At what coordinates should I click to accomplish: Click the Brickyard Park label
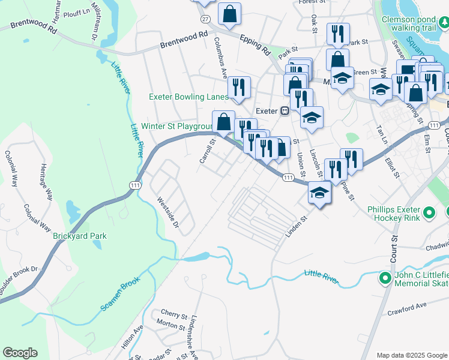pyautogui.click(x=79, y=236)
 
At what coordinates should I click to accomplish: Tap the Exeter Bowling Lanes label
pyautogui.click(x=188, y=97)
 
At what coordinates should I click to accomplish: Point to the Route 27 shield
pyautogui.click(x=205, y=19)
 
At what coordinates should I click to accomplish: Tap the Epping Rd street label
pyautogui.click(x=256, y=43)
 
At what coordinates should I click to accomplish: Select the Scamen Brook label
pyautogui.click(x=120, y=293)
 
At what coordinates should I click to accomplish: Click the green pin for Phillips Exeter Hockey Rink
pyautogui.click(x=429, y=212)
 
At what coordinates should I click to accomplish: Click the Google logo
pyautogui.click(x=20, y=353)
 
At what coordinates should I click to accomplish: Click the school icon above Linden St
pyautogui.click(x=319, y=193)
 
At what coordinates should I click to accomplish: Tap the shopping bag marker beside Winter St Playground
pyautogui.click(x=223, y=122)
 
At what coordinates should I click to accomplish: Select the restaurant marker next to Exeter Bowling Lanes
pyautogui.click(x=240, y=88)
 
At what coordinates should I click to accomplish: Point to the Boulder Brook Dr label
pyautogui.click(x=18, y=281)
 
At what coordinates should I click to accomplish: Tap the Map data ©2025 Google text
pyautogui.click(x=412, y=355)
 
